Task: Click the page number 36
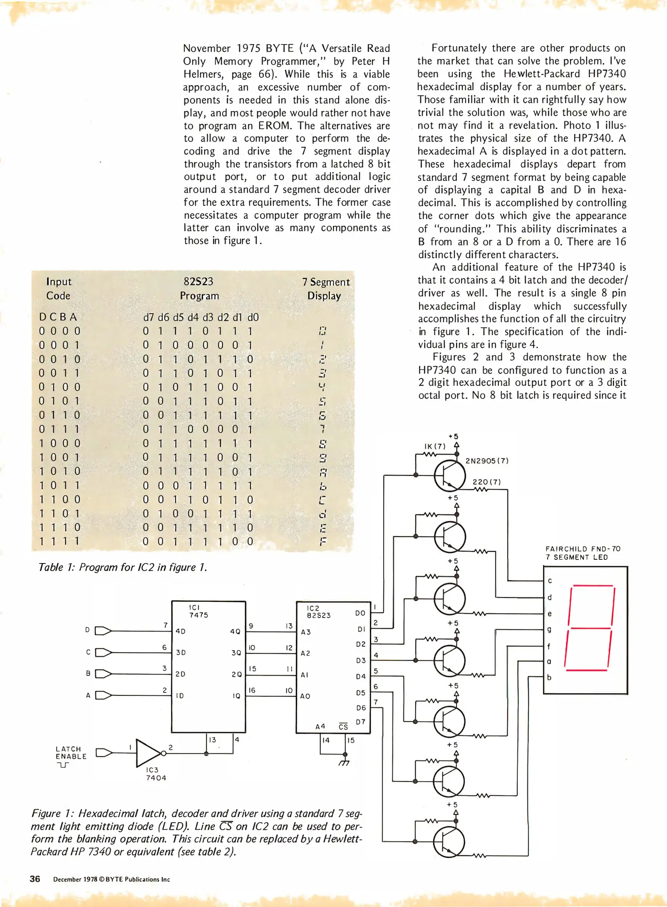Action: (35, 879)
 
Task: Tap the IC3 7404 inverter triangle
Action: (148, 753)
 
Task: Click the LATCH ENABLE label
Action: (71, 752)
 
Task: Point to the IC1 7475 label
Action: (198, 611)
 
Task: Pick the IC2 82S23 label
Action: (319, 611)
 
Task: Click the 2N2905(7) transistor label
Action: (487, 461)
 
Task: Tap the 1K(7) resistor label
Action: (435, 446)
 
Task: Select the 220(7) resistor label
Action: (486, 482)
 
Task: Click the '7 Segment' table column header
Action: (326, 282)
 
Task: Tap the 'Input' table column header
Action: (59, 281)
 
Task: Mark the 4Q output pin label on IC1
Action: (235, 632)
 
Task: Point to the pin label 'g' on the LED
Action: (549, 630)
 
